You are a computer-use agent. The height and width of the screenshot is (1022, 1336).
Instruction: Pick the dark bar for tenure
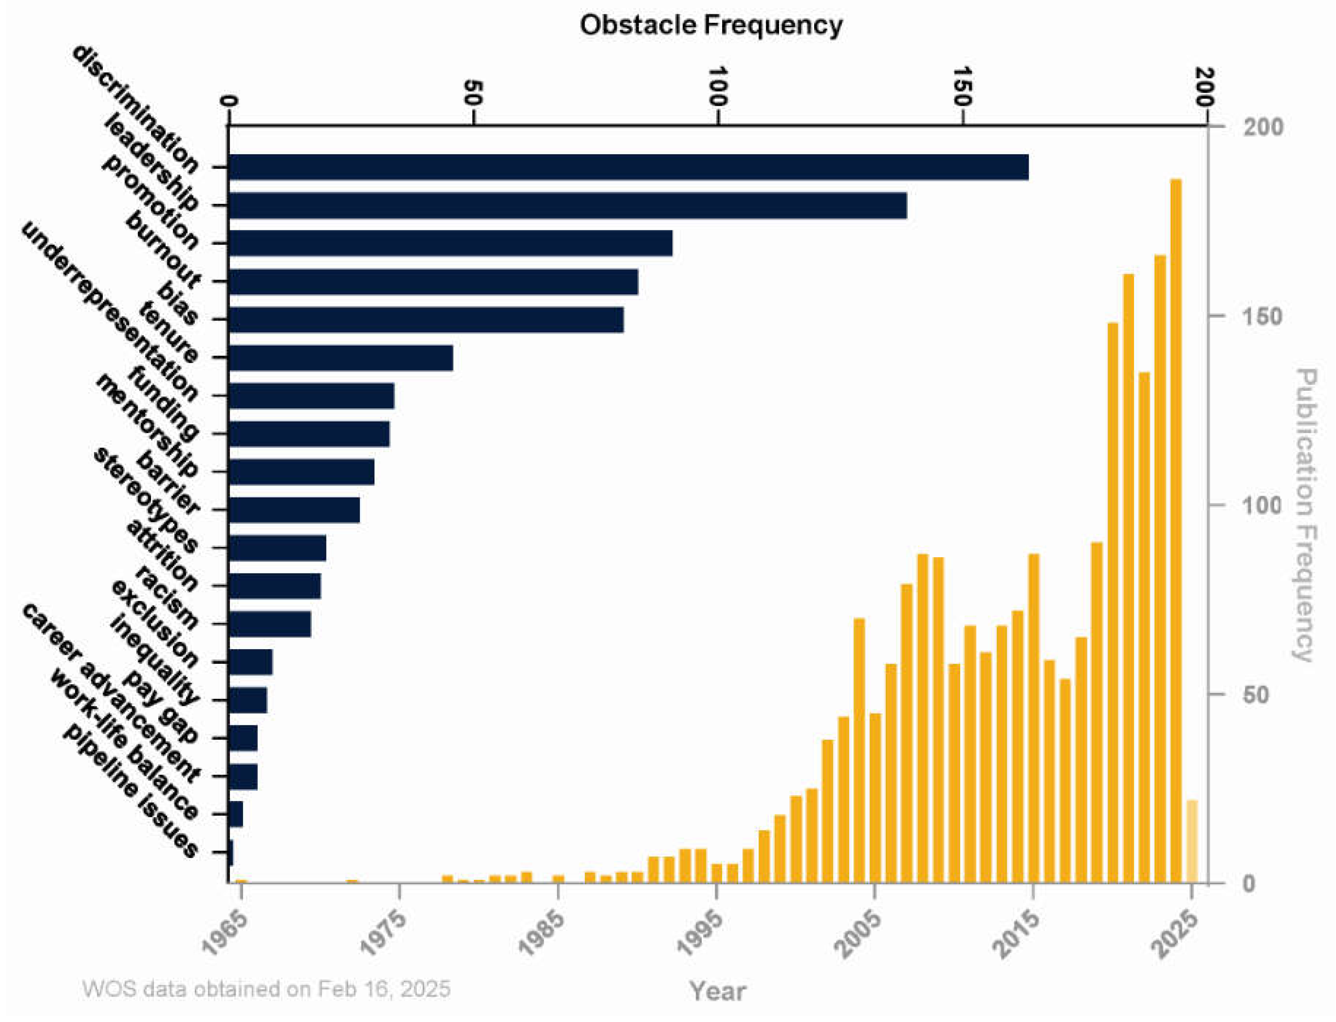(341, 358)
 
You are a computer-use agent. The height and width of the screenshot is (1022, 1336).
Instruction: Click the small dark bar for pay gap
(243, 738)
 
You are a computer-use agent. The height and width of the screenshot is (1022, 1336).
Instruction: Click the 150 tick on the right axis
(1262, 316)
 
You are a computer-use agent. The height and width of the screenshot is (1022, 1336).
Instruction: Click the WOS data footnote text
(267, 989)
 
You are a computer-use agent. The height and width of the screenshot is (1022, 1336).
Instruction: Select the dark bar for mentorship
(301, 471)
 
